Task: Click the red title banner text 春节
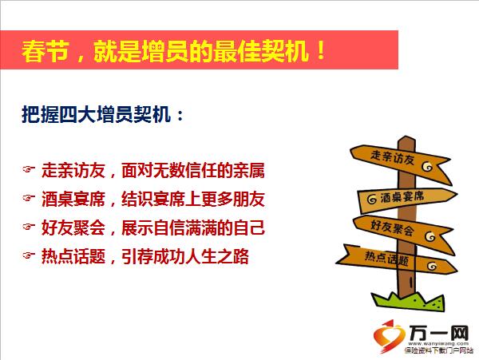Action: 45,51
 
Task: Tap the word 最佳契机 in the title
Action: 260,51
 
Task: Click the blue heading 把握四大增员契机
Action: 96,115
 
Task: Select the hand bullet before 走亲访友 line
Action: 29,169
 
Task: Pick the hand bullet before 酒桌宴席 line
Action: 29,198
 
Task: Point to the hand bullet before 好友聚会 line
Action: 29,227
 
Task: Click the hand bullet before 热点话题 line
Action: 29,255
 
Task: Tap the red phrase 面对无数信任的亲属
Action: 192,170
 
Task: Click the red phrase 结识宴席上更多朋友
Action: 192,199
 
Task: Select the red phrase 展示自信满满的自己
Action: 192,227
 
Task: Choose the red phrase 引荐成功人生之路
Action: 185,256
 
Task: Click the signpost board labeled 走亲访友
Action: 400,162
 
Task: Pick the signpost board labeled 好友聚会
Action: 403,232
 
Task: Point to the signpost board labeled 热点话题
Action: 397,259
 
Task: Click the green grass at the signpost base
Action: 408,301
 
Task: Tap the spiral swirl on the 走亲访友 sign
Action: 427,166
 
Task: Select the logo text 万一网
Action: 439,333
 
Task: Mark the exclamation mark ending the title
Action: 320,50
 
